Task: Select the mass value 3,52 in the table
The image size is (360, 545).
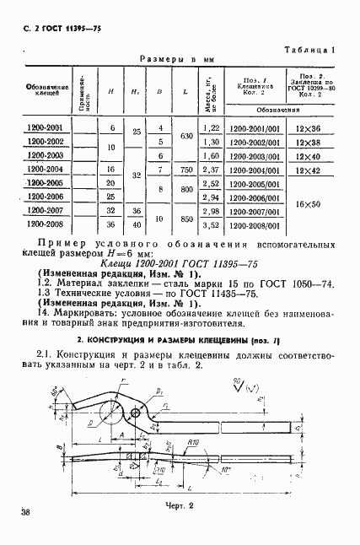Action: click(x=212, y=224)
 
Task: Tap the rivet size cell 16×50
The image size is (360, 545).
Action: click(x=309, y=204)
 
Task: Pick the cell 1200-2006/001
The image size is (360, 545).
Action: click(x=255, y=197)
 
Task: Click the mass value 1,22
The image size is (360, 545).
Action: click(x=212, y=127)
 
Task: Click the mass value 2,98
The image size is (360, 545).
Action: click(x=212, y=211)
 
